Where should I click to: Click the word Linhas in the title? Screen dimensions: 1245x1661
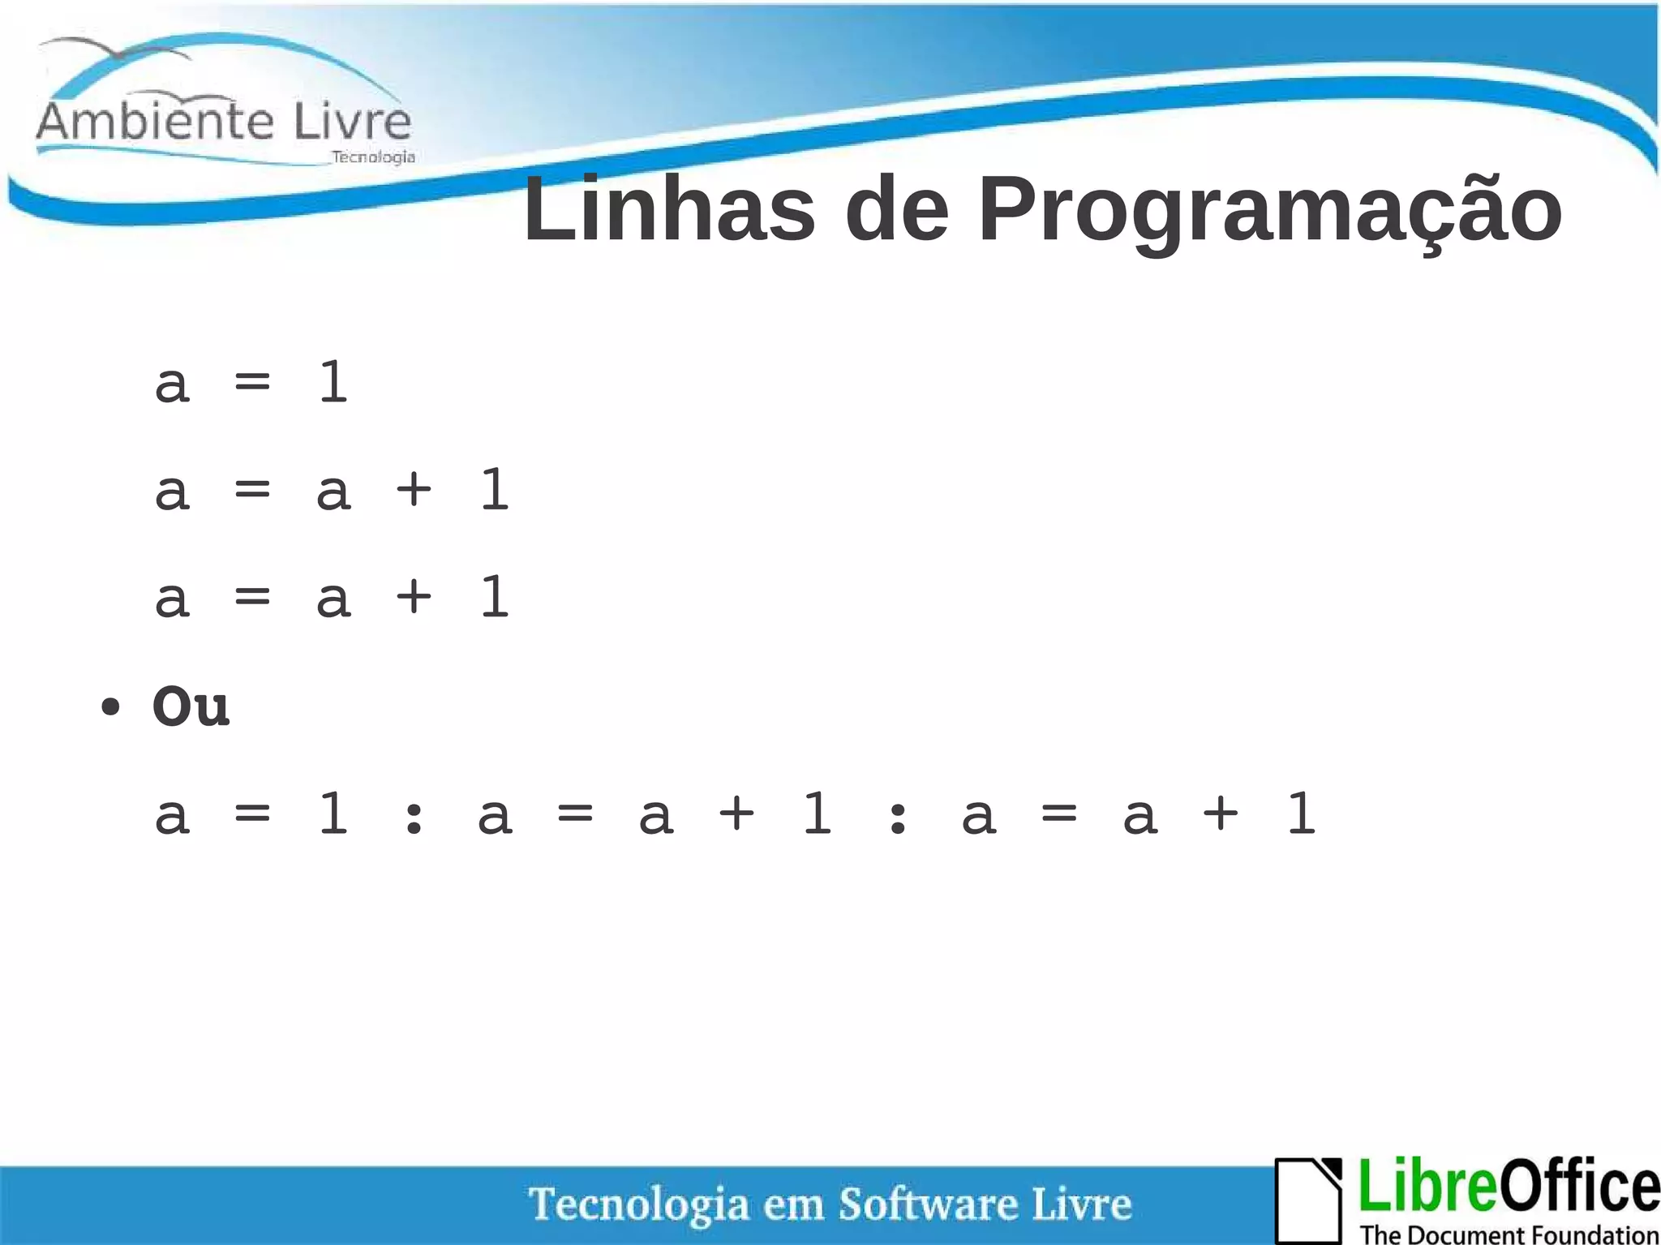pos(669,209)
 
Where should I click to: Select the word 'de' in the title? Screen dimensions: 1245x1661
pos(896,209)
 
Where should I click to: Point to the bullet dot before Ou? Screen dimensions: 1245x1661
pos(110,707)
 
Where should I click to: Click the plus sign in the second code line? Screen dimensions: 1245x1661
pos(414,489)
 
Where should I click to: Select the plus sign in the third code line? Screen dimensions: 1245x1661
pos(414,596)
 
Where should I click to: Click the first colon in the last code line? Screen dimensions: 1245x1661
pos(414,815)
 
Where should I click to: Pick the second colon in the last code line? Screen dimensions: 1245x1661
pos(897,815)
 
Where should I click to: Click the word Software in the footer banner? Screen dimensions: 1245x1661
pos(928,1203)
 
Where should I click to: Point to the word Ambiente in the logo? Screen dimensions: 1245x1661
pos(156,122)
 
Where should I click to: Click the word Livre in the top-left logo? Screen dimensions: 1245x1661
pos(352,122)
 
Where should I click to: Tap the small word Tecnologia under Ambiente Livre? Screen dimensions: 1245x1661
pos(373,157)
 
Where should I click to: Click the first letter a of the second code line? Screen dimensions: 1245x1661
pos(173,492)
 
